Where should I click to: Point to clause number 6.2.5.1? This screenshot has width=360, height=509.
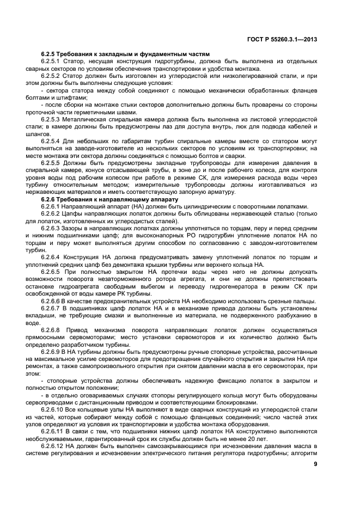(51, 62)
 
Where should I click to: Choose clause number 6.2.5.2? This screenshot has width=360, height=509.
(51, 76)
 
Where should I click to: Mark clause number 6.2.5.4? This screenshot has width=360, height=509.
(51, 141)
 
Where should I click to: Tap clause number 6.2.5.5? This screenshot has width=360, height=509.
(51, 163)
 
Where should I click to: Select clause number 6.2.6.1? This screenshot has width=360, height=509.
(51, 206)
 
